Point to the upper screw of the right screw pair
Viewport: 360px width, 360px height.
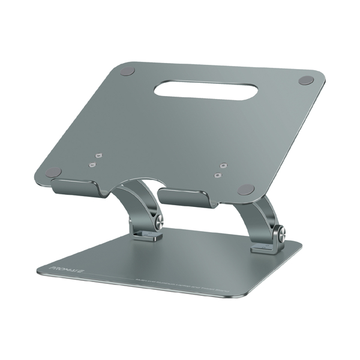pos(223,163)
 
